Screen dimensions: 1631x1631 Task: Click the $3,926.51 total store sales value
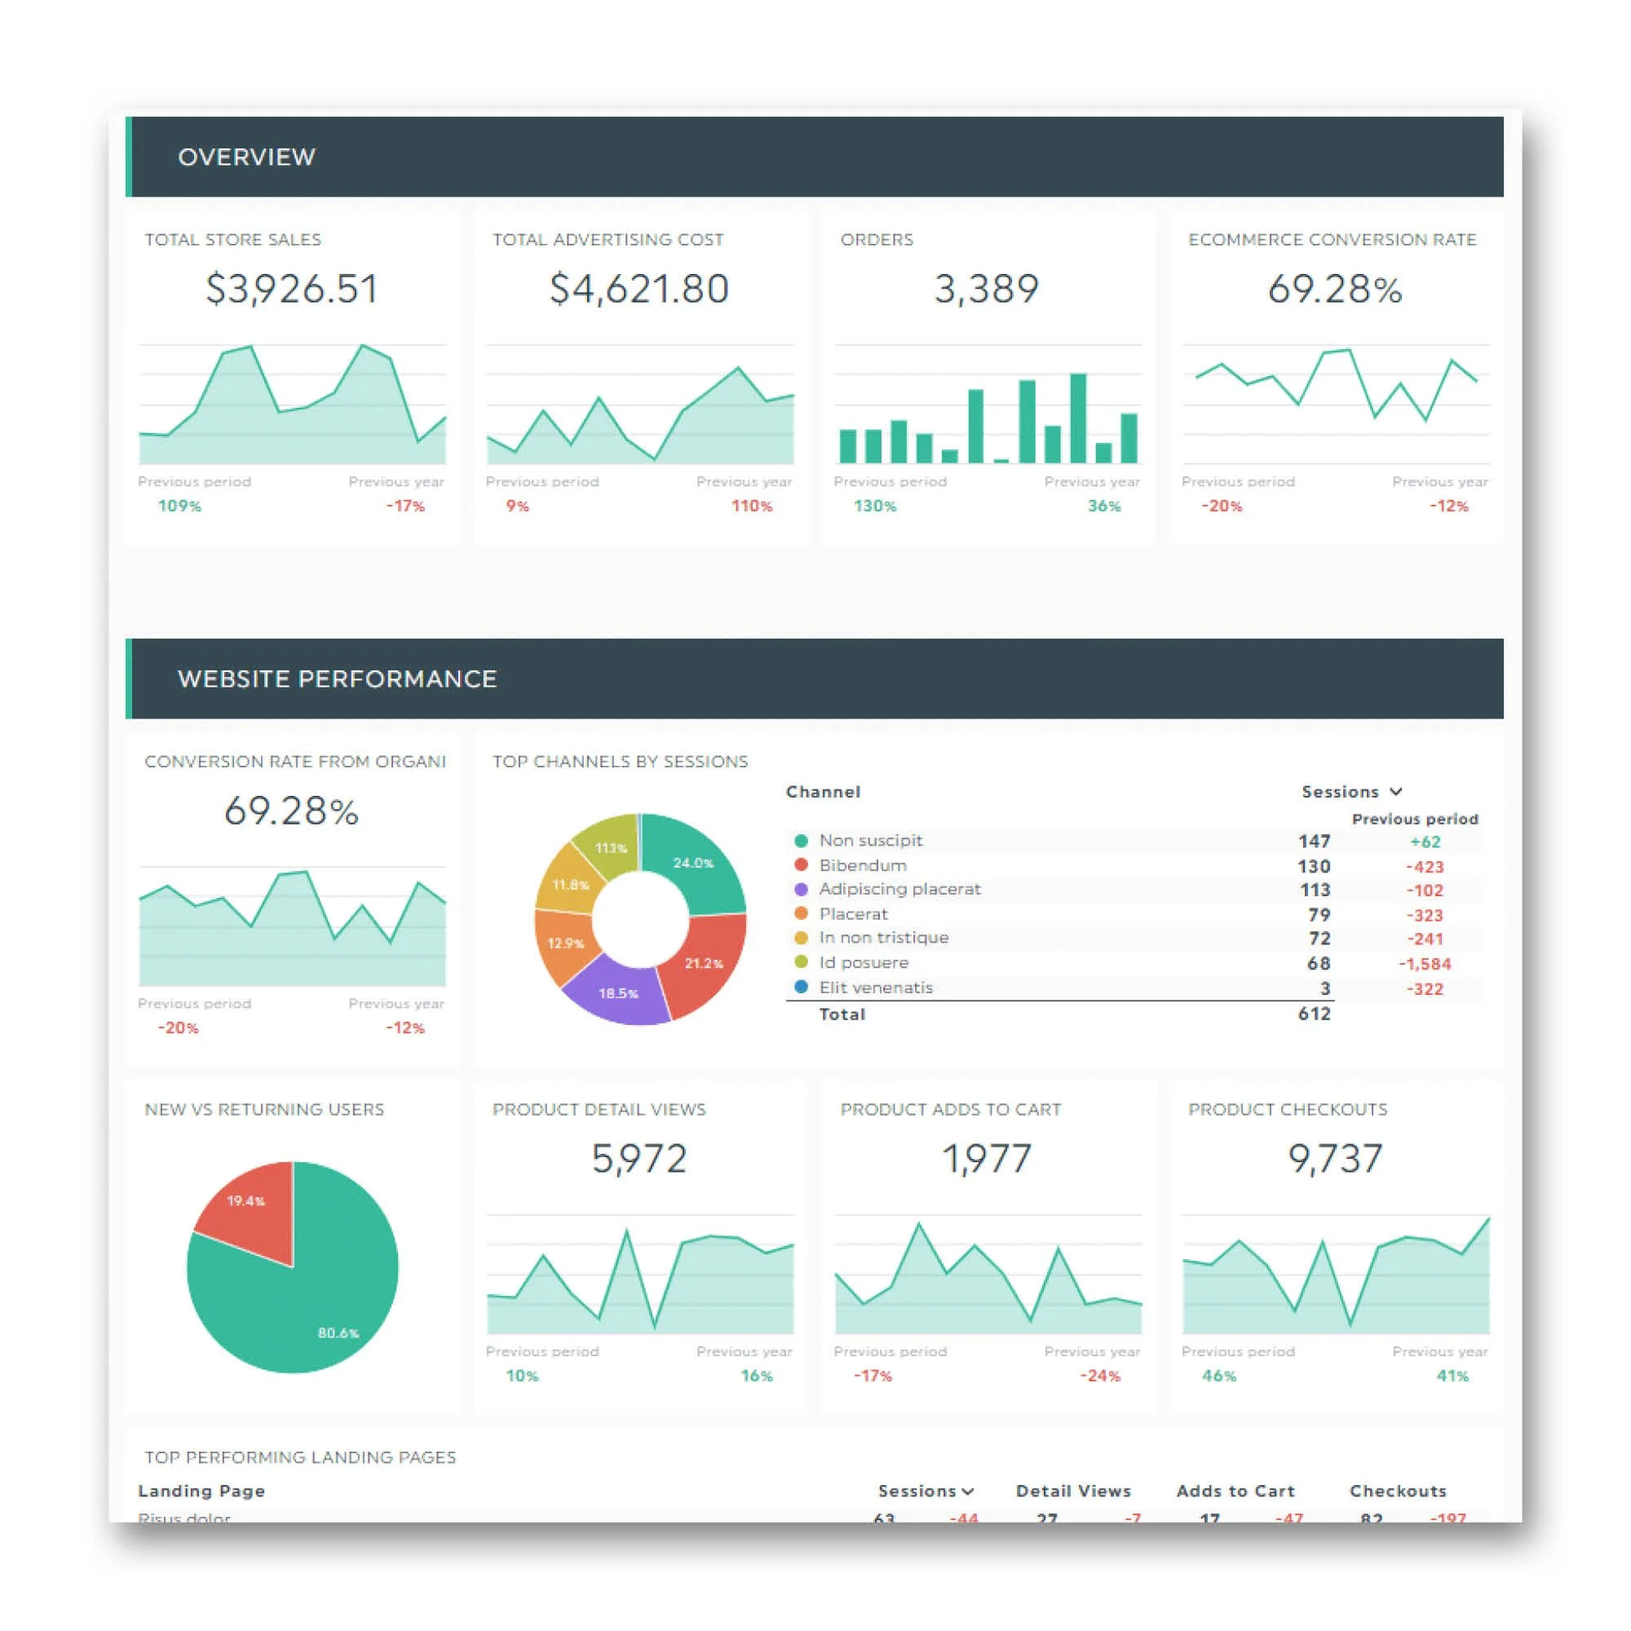click(x=291, y=289)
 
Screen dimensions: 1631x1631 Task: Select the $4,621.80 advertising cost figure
click(x=639, y=289)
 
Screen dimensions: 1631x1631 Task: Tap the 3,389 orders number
click(x=986, y=289)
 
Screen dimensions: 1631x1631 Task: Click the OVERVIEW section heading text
click(x=246, y=157)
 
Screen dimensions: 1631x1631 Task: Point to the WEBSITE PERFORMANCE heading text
click(x=337, y=678)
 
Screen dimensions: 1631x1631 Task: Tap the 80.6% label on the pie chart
click(x=338, y=1333)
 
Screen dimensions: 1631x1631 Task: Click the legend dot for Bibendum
click(x=801, y=864)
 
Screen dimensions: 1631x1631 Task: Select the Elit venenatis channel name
click(x=875, y=987)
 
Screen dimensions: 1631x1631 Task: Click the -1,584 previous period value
click(x=1424, y=963)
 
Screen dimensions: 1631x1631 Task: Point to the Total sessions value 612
click(x=1314, y=1014)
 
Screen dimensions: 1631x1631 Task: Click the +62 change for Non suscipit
click(x=1425, y=842)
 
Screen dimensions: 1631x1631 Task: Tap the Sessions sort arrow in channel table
click(x=1395, y=791)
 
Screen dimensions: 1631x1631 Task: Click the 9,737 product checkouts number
click(x=1335, y=1158)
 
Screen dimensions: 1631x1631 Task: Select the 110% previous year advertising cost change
click(x=751, y=506)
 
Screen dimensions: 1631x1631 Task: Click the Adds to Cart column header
click(x=1235, y=1491)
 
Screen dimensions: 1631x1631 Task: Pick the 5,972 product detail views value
click(x=639, y=1158)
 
